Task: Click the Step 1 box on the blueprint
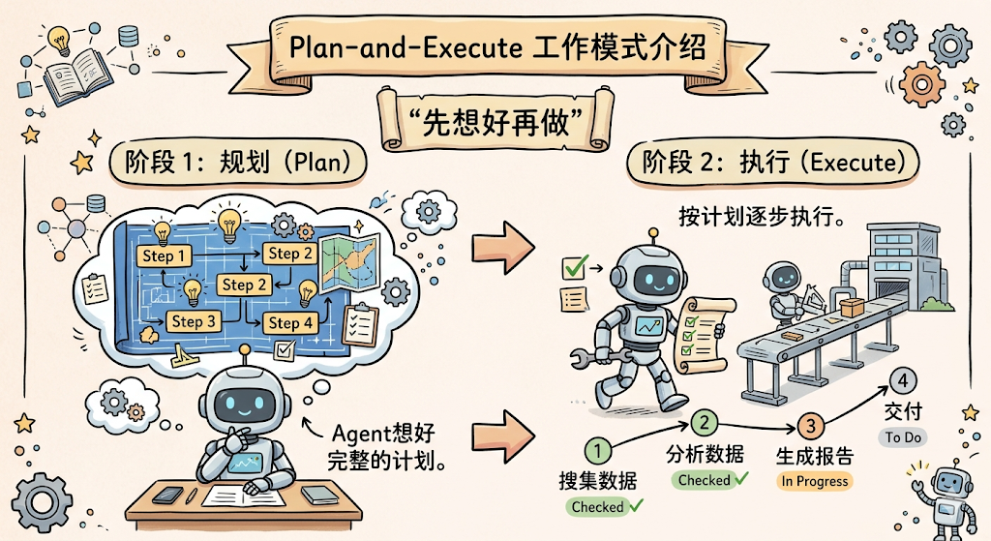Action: point(164,255)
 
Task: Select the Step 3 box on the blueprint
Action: point(194,321)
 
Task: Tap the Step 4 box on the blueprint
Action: point(290,323)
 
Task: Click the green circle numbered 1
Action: point(597,451)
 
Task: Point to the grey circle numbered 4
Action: point(903,381)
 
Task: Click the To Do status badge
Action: point(903,437)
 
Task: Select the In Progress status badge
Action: point(814,481)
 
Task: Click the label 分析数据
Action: point(705,455)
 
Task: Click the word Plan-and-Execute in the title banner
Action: point(405,47)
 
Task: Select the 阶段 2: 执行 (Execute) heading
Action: point(772,163)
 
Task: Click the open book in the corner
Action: point(78,75)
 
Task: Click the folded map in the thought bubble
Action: point(349,263)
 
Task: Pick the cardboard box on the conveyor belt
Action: point(852,308)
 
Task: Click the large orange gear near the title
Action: point(922,84)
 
